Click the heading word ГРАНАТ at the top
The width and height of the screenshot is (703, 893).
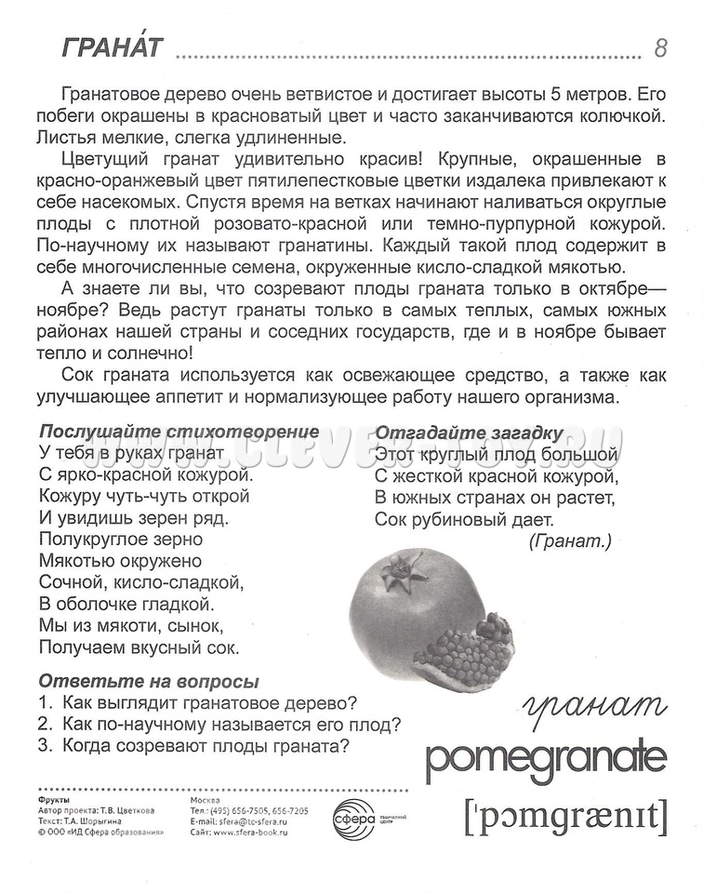tap(111, 48)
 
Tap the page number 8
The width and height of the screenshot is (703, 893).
tap(660, 48)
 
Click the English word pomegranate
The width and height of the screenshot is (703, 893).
tap(546, 760)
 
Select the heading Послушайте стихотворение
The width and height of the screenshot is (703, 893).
tap(179, 432)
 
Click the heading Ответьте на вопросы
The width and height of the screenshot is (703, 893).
tap(148, 681)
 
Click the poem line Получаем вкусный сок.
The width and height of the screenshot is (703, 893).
tap(139, 646)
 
